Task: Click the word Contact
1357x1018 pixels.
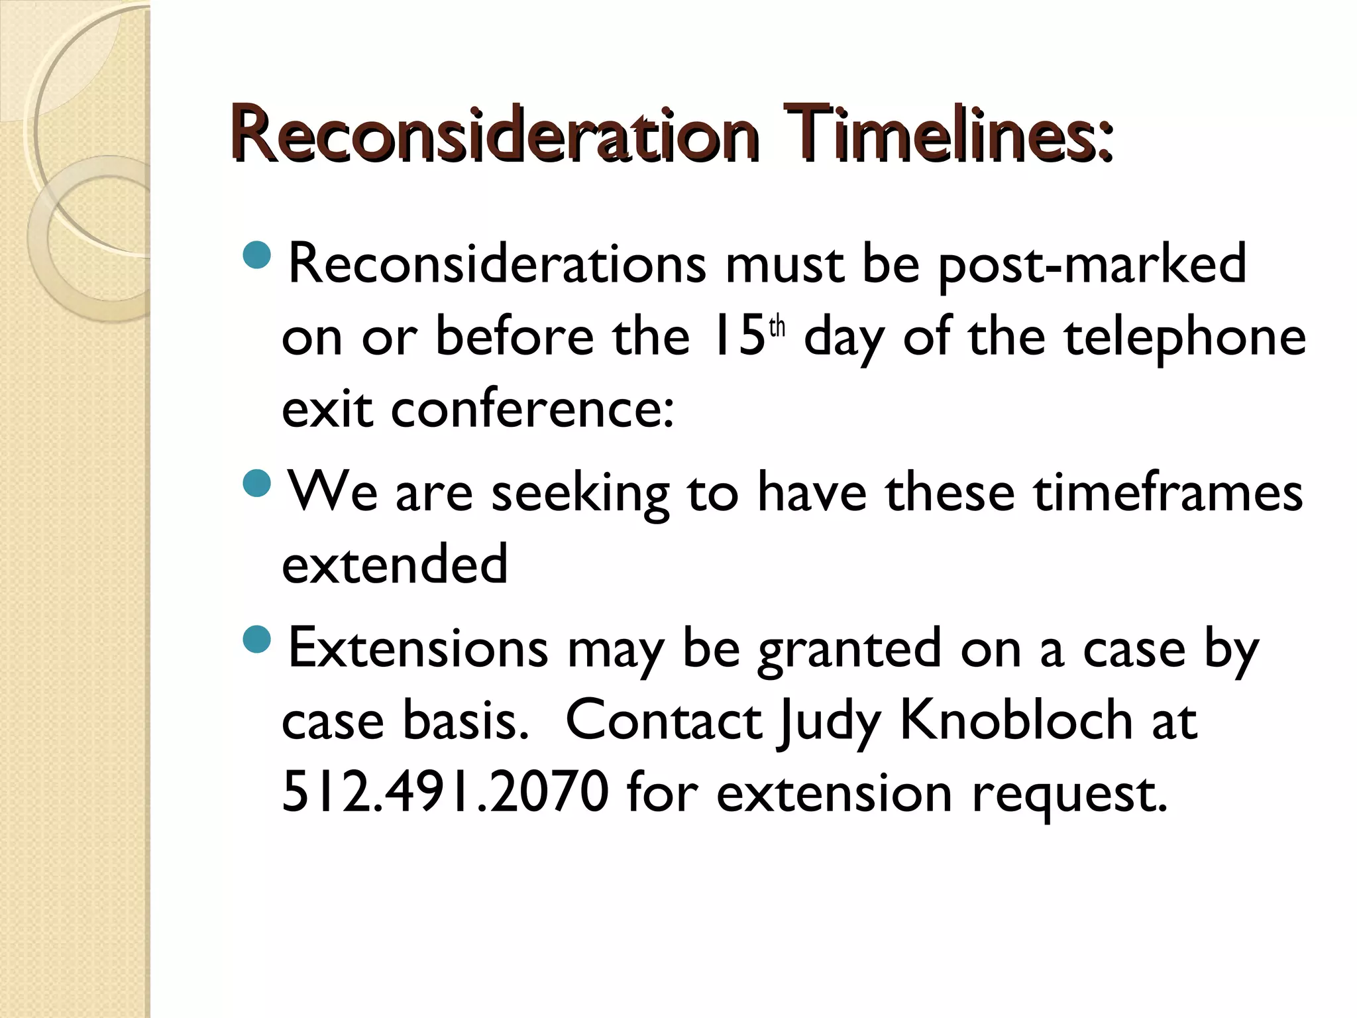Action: (x=663, y=721)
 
